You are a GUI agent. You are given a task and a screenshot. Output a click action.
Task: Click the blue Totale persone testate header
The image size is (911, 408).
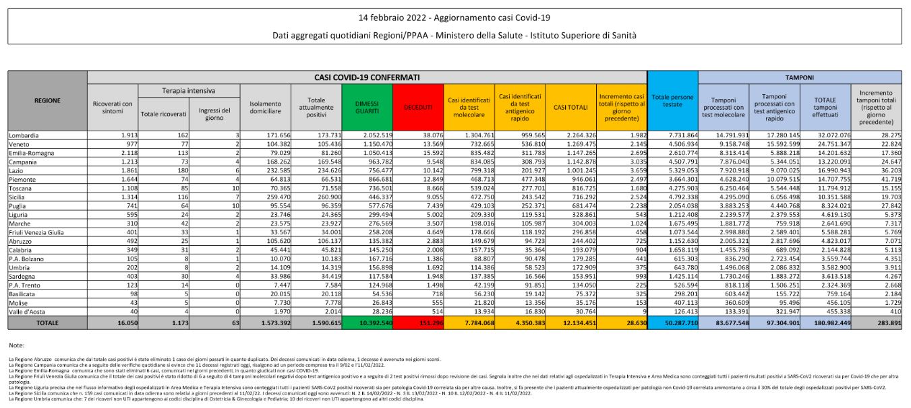[x=672, y=101]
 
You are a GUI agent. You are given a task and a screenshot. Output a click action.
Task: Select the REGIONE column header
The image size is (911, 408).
[x=48, y=101]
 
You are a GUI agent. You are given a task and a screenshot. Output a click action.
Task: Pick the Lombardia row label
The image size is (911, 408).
[x=24, y=135]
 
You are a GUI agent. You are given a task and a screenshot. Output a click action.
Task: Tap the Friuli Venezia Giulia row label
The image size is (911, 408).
[x=36, y=232]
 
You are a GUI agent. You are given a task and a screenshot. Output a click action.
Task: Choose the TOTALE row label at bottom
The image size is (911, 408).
[x=47, y=323]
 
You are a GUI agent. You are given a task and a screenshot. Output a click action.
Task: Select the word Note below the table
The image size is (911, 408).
[x=18, y=345]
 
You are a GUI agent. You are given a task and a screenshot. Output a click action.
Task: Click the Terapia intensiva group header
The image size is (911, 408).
[x=164, y=90]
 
